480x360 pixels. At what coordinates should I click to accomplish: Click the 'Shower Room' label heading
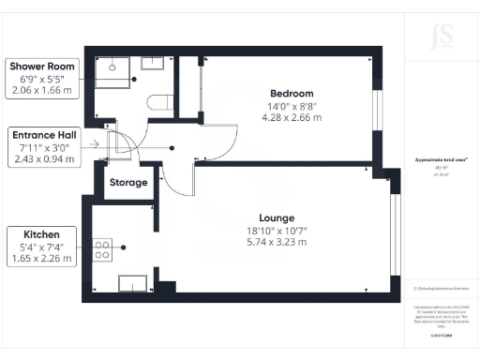(x=41, y=67)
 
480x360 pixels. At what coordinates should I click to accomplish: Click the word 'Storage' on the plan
(x=129, y=182)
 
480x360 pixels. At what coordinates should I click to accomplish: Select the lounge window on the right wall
(x=393, y=231)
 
